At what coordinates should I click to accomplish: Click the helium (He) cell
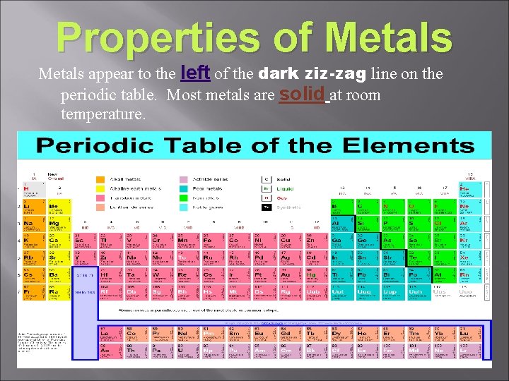coord(467,190)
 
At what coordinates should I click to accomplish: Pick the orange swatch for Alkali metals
coord(100,179)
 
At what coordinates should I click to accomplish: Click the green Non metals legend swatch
coord(184,198)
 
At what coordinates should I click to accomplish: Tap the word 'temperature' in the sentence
coord(103,114)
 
